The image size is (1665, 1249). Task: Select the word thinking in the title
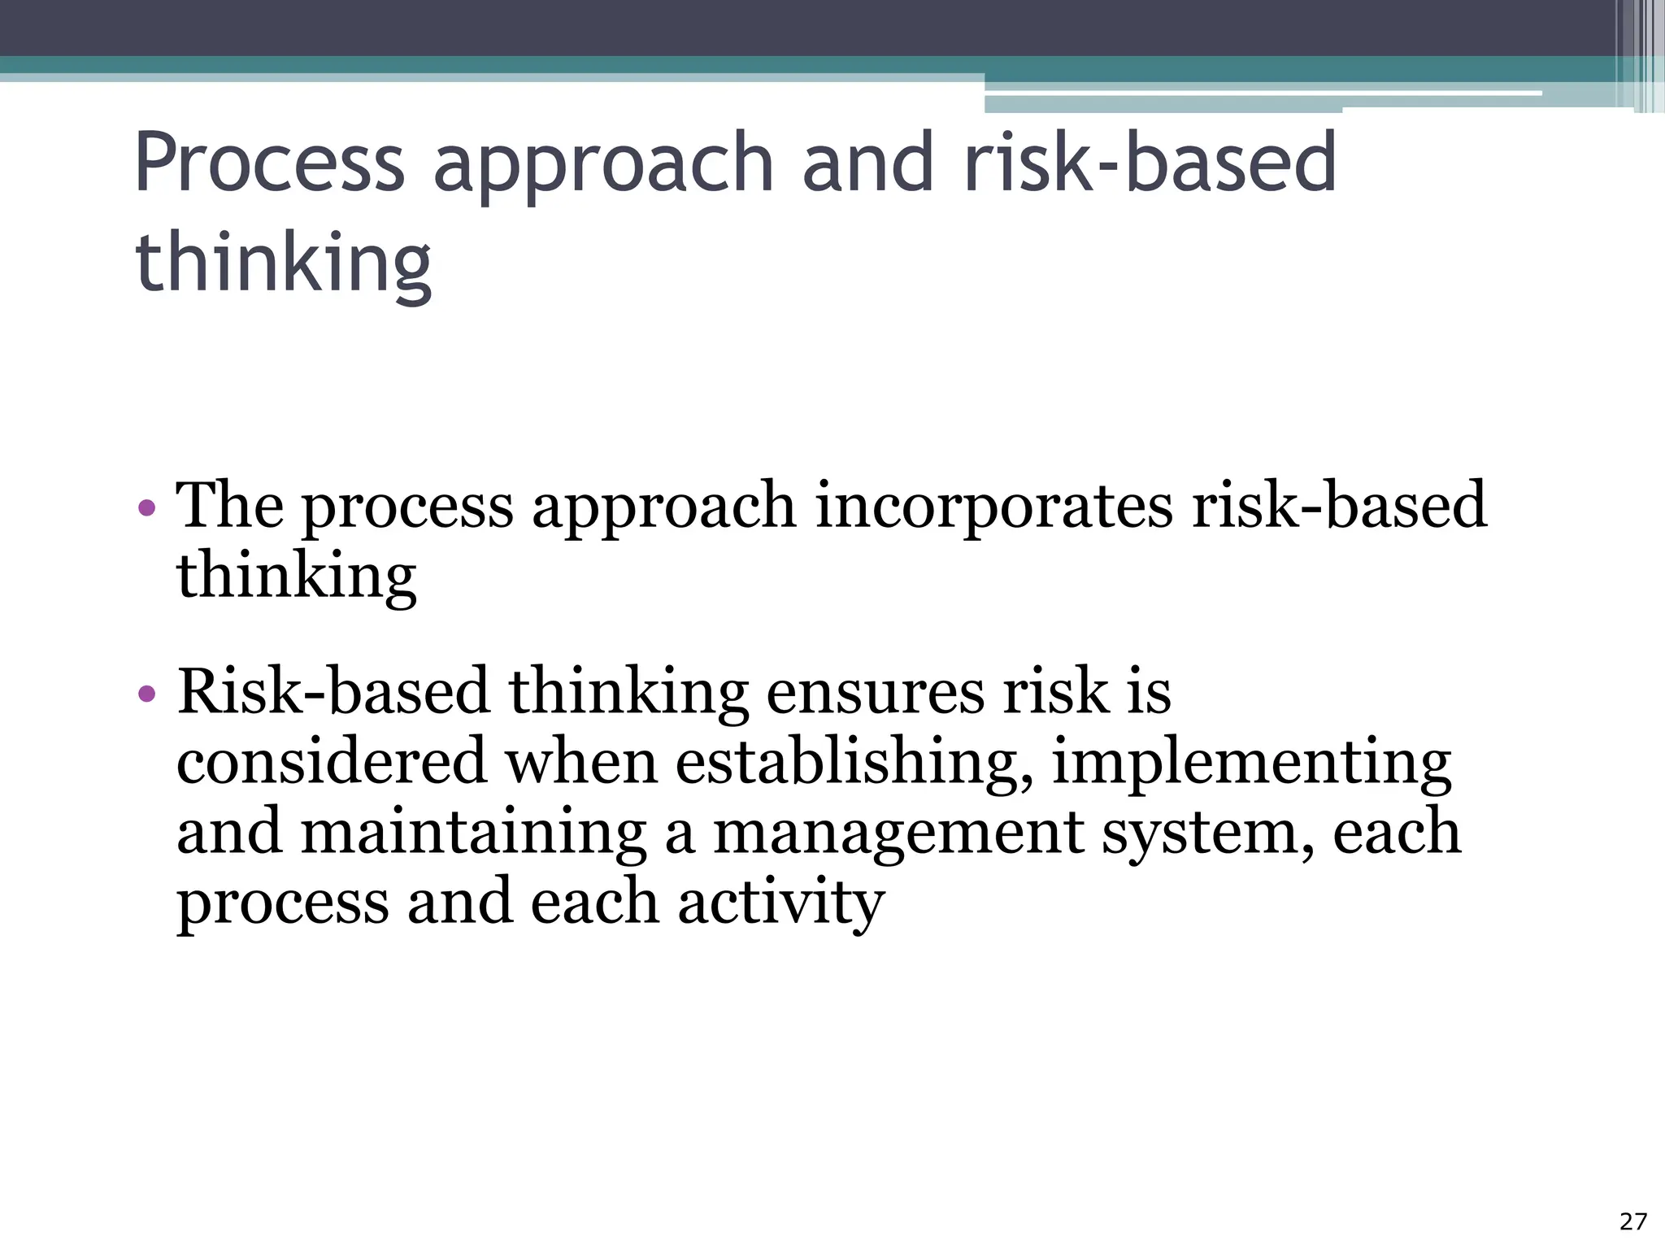[283, 264]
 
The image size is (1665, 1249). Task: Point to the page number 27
[1633, 1221]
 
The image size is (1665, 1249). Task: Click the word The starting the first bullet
[230, 506]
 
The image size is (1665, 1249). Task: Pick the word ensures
[875, 693]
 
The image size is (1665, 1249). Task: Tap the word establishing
[854, 764]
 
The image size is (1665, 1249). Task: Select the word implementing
[1252, 764]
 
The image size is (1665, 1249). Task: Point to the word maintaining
[474, 834]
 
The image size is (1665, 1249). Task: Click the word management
[898, 834]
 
